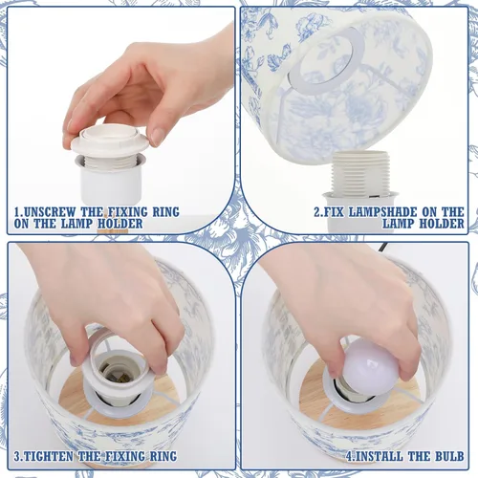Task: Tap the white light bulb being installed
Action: tap(370, 368)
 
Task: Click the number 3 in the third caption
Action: tap(18, 457)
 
